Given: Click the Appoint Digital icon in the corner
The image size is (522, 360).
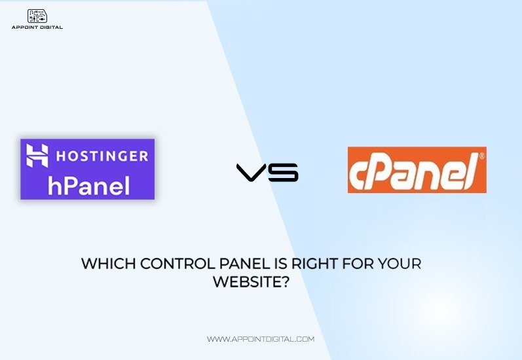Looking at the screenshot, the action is click(x=37, y=16).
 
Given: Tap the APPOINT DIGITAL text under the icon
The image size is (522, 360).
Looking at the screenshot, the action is click(x=37, y=27).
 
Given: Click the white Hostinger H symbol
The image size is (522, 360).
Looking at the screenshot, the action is click(x=37, y=155).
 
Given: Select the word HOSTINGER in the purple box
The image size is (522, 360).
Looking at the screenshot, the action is click(x=102, y=156).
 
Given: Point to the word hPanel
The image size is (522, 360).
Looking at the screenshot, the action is click(x=89, y=186).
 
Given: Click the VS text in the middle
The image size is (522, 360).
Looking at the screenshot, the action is click(x=267, y=172).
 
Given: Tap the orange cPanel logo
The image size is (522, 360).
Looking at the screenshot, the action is click(x=417, y=170).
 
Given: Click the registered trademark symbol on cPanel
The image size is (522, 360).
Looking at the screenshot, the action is click(x=481, y=156).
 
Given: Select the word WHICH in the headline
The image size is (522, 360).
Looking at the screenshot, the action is click(x=109, y=264).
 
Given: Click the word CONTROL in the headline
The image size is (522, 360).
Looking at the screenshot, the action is click(x=177, y=264).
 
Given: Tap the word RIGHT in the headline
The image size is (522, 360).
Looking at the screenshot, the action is click(x=314, y=264).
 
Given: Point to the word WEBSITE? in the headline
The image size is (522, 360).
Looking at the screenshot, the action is click(x=251, y=282).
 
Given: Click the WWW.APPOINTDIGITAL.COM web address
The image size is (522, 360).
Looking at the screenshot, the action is click(x=261, y=339).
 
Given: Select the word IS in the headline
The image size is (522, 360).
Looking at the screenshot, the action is click(x=280, y=264).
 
